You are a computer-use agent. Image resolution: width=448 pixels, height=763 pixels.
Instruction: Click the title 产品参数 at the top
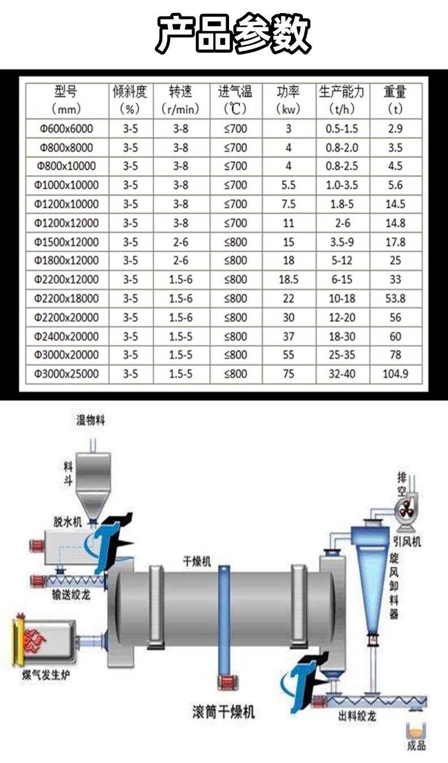point(233,33)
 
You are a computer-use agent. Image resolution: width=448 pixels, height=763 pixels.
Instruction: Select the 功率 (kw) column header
point(288,100)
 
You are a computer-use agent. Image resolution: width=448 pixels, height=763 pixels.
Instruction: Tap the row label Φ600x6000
point(66,129)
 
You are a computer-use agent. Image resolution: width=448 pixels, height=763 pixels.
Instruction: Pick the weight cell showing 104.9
point(395,374)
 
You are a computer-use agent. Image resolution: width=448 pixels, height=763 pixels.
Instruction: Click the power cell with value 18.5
point(289,280)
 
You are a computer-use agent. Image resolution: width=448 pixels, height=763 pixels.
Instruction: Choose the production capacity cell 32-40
point(342,374)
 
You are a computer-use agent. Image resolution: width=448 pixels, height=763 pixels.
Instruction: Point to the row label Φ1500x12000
point(66,242)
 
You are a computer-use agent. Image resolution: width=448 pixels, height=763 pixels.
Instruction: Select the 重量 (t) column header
point(395,100)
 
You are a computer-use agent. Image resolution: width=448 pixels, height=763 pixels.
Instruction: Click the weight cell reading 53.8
point(395,299)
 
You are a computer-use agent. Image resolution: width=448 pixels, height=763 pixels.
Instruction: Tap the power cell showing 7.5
point(289,204)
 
